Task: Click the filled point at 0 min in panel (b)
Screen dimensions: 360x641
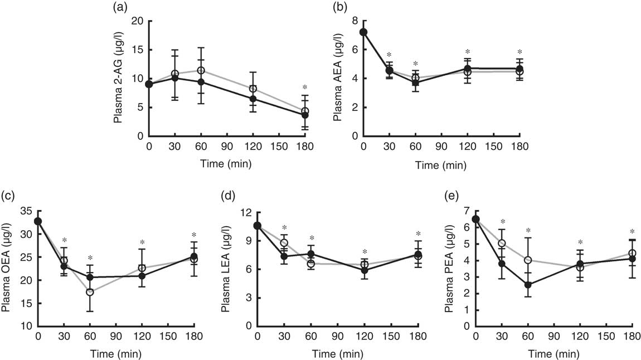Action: [363, 32]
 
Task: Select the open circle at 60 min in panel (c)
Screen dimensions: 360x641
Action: [90, 292]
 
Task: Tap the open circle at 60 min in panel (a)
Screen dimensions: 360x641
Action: [201, 71]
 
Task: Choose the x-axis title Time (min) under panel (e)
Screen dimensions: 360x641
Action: [554, 353]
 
